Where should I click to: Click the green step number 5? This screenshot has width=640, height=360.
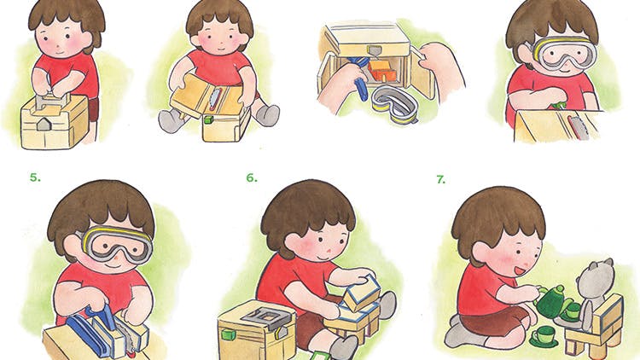coord(35,177)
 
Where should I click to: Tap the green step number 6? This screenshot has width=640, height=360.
coord(252,177)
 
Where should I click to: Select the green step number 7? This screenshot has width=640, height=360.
coord(441,179)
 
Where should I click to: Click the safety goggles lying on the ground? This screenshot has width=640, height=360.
coord(395,104)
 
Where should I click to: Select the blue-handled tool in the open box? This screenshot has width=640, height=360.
coord(360,78)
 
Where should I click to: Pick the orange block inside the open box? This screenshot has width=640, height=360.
coord(382,71)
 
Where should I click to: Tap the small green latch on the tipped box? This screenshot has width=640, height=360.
coord(208,119)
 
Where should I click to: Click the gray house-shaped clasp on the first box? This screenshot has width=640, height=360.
coord(43,124)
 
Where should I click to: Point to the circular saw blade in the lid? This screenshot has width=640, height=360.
coord(212,98)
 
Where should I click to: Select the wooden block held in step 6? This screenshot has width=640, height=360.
coord(361,293)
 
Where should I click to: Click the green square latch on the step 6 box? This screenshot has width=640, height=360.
coord(228,335)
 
